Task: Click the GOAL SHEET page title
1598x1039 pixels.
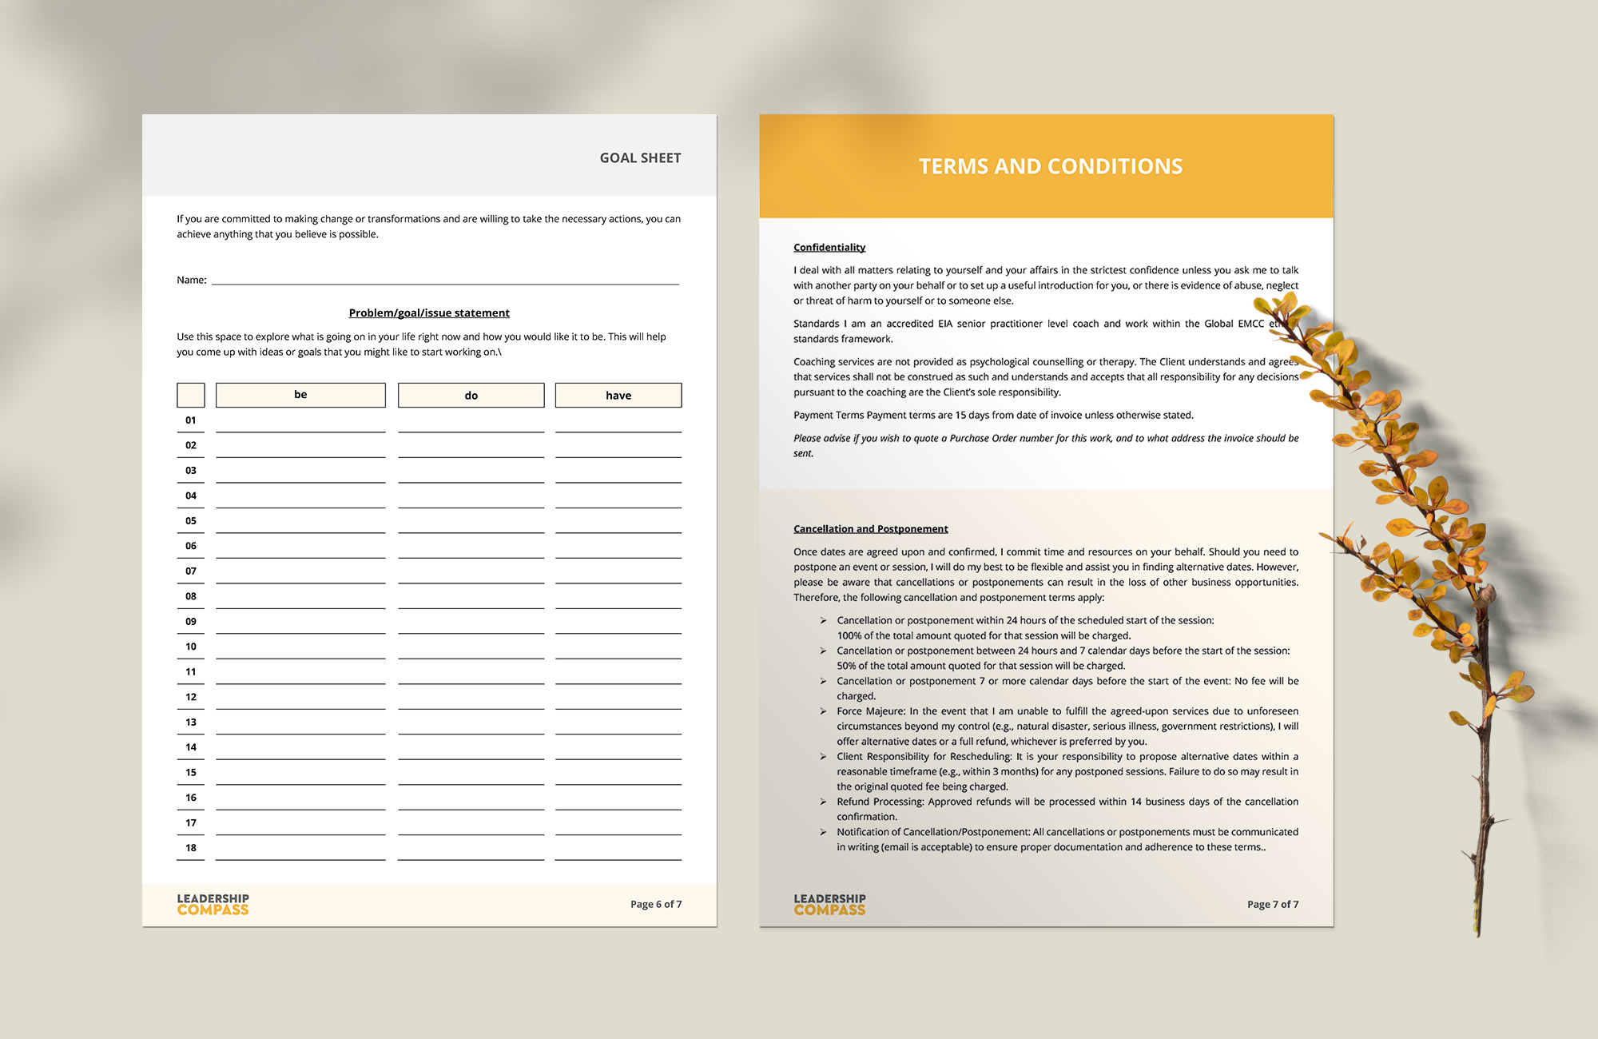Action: pos(640,158)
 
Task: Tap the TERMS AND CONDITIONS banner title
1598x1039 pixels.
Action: pos(1050,166)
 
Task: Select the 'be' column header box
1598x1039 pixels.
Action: pos(300,395)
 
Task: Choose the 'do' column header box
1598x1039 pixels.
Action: pos(471,396)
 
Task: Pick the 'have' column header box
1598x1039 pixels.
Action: pos(618,396)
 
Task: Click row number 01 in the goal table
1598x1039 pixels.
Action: pos(191,420)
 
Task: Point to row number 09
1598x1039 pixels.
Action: pos(191,622)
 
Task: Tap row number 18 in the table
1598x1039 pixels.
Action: pos(191,848)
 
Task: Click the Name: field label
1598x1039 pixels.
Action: pos(192,280)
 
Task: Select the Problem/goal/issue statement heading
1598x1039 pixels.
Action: pos(429,313)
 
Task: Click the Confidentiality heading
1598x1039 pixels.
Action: pos(829,248)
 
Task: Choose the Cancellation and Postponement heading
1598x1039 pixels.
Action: pos(870,529)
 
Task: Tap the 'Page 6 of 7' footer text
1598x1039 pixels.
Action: pos(656,905)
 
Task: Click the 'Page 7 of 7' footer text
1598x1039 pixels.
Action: pos(1273,905)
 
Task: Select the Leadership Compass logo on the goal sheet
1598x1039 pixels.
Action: pos(213,904)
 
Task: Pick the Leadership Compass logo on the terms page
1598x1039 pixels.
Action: pos(829,904)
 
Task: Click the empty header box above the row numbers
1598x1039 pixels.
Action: pos(191,395)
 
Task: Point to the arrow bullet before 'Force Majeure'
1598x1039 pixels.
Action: pos(823,711)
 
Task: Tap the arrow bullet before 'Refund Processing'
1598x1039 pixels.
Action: pos(823,802)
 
